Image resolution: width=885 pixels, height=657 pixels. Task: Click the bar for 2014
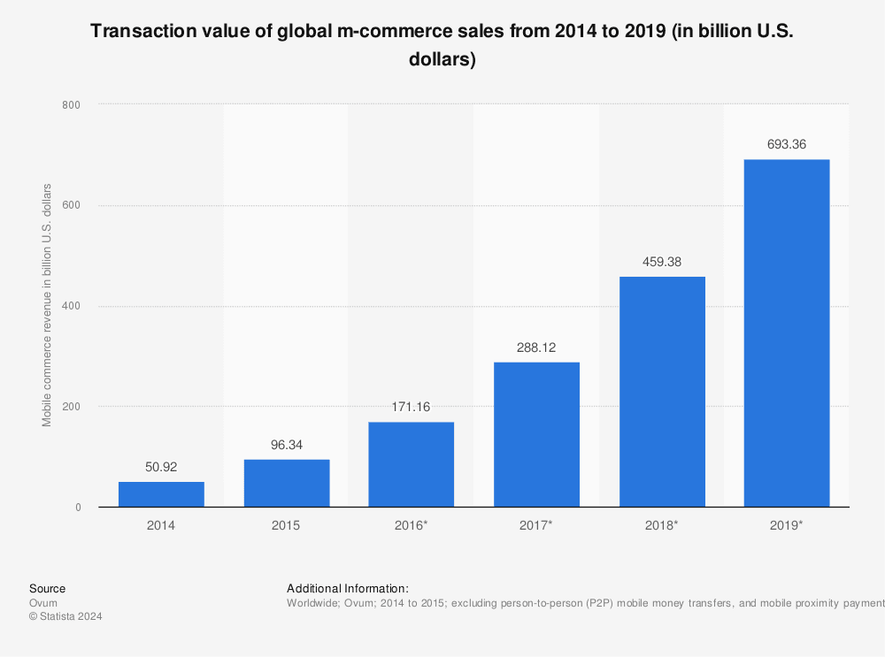pyautogui.click(x=161, y=494)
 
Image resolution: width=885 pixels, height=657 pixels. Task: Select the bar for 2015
pyautogui.click(x=287, y=483)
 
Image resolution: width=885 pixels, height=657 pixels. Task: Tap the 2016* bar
pyautogui.click(x=412, y=464)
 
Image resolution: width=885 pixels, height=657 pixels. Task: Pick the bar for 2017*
pyautogui.click(x=536, y=434)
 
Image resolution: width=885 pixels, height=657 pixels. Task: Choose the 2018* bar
pyautogui.click(x=662, y=392)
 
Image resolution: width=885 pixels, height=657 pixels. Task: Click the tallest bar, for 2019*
pyautogui.click(x=787, y=333)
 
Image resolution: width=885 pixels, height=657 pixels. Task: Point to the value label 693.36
pyautogui.click(x=787, y=144)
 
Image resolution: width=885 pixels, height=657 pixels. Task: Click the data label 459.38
pyautogui.click(x=662, y=262)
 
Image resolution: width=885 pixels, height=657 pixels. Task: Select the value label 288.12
pyautogui.click(x=536, y=348)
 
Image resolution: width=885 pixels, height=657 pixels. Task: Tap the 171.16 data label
pyautogui.click(x=412, y=407)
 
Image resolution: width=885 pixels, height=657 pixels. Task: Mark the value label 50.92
pyautogui.click(x=161, y=467)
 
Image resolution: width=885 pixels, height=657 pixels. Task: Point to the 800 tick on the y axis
pyautogui.click(x=71, y=105)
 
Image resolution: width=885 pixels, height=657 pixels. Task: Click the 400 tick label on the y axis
pyautogui.click(x=71, y=306)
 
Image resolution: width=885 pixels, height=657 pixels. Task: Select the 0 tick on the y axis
pyautogui.click(x=78, y=508)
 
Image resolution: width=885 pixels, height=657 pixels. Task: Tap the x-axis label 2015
pyautogui.click(x=287, y=525)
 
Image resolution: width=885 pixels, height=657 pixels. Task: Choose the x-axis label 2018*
pyautogui.click(x=662, y=525)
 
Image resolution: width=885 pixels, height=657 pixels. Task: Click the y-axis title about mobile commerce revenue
pyautogui.click(x=48, y=306)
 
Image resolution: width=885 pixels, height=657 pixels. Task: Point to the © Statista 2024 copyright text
pyautogui.click(x=65, y=617)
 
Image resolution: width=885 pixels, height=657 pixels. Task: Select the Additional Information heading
pyautogui.click(x=348, y=588)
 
